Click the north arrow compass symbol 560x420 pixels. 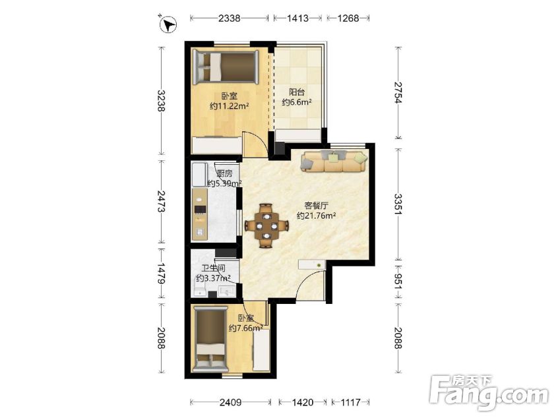pyautogui.click(x=168, y=24)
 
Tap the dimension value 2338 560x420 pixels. pyautogui.click(x=229, y=18)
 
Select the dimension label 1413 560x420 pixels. pyautogui.click(x=297, y=18)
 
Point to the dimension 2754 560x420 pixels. pyautogui.click(x=398, y=92)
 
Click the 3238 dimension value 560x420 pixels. pyautogui.click(x=162, y=101)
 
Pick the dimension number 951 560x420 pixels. pyautogui.click(x=398, y=282)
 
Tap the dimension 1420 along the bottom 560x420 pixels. pyautogui.click(x=303, y=402)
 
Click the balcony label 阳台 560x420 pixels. pyautogui.click(x=296, y=92)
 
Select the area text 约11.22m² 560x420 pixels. pyautogui.click(x=230, y=106)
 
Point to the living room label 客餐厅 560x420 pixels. pyautogui.click(x=317, y=206)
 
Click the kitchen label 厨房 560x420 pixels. pyautogui.click(x=225, y=174)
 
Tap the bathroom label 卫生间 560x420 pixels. pyautogui.click(x=213, y=268)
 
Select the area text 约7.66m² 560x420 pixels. pyautogui.click(x=246, y=328)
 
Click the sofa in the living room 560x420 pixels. pyautogui.click(x=334, y=161)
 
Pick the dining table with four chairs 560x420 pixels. pyautogui.click(x=266, y=225)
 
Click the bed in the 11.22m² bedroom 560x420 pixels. pyautogui.click(x=226, y=66)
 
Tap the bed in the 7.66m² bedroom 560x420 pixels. pyautogui.click(x=210, y=340)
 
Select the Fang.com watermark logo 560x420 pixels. pyautogui.click(x=489, y=392)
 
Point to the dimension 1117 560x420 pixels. pyautogui.click(x=350, y=402)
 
